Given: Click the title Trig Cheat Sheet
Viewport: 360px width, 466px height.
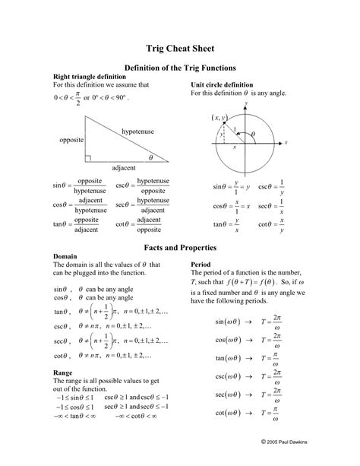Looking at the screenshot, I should pyautogui.click(x=180, y=47).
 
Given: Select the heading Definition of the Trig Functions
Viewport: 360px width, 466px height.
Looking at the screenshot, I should pyautogui.click(x=180, y=68).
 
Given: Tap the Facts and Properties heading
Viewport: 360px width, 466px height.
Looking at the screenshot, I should pyautogui.click(x=180, y=248).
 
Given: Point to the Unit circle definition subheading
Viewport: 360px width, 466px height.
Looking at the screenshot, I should pyautogui.click(x=222, y=84).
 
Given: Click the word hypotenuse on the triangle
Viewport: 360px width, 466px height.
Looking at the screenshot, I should pyautogui.click(x=137, y=131).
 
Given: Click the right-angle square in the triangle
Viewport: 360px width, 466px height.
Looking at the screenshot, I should pyautogui.click(x=89, y=157).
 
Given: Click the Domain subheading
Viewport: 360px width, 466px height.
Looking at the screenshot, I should pyautogui.click(x=65, y=257).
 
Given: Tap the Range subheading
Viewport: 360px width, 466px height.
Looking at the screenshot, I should pyautogui.click(x=62, y=372).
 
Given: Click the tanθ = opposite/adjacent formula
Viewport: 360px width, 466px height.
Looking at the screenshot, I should pyautogui.click(x=76, y=224).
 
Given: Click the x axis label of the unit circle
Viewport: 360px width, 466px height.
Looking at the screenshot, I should pyautogui.click(x=286, y=142).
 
